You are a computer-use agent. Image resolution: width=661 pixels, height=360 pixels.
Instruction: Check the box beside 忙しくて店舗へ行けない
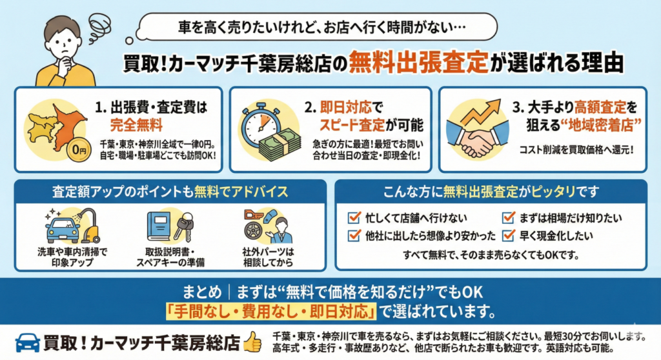click(x=353, y=217)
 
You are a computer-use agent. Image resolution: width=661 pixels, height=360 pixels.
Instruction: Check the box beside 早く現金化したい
click(x=507, y=235)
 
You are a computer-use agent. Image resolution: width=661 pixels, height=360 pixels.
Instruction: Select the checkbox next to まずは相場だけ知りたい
click(x=507, y=217)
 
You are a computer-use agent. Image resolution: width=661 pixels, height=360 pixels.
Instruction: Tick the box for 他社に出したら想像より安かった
click(x=353, y=235)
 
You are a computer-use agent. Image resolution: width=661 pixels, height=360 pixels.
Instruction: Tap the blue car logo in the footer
click(x=28, y=342)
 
